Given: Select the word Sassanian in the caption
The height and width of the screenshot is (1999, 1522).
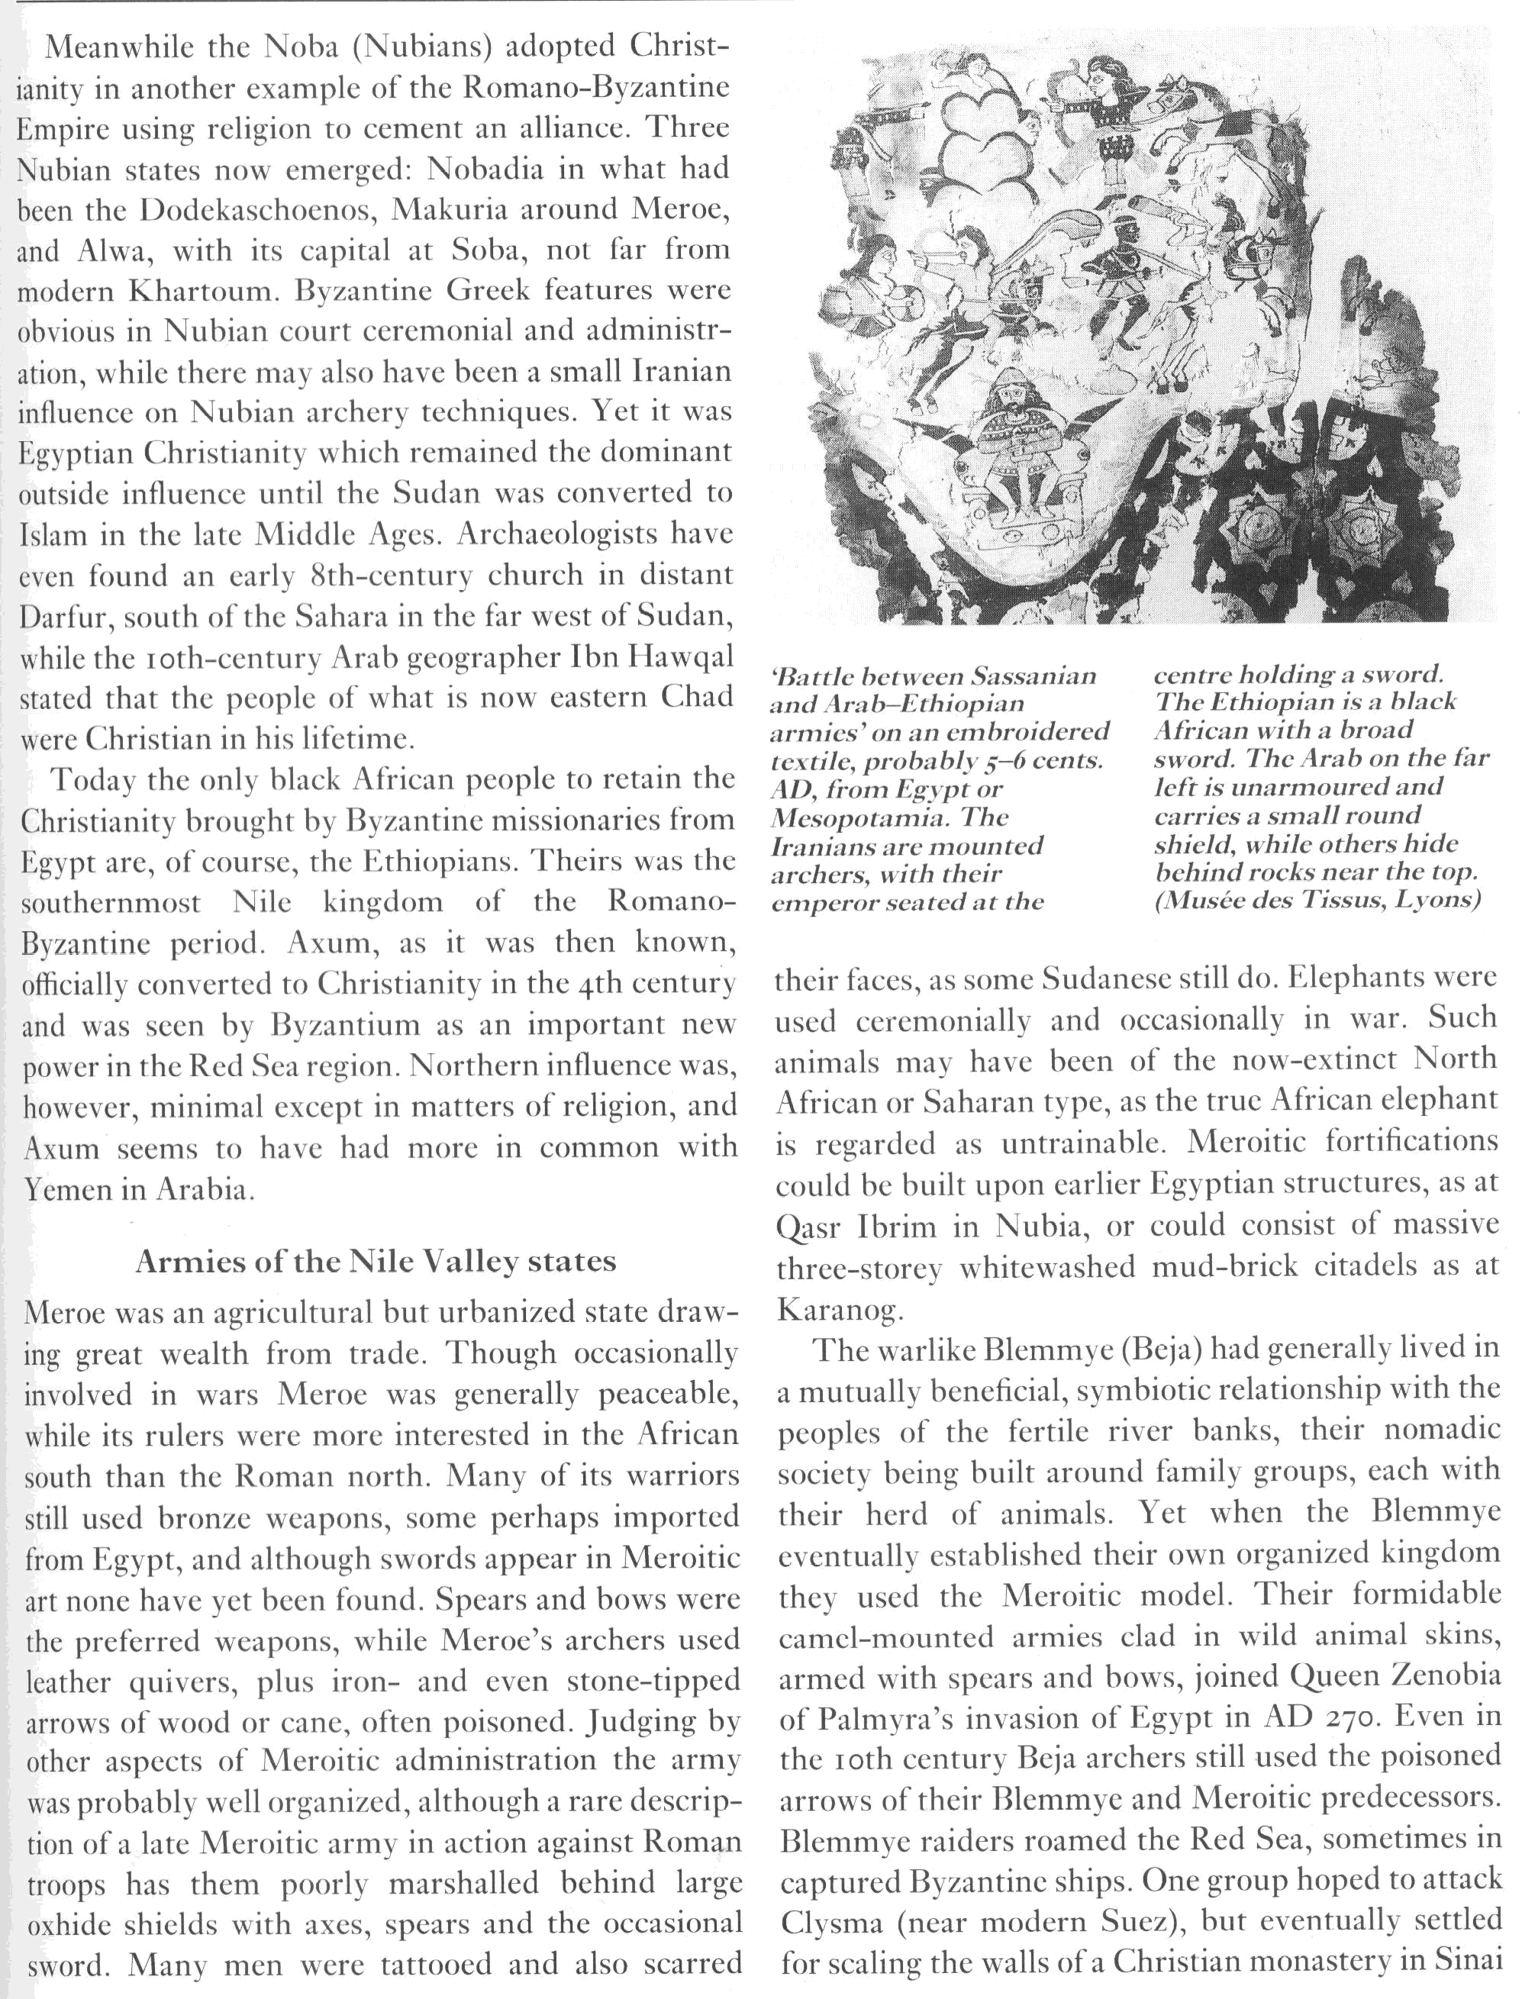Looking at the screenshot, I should click(x=1033, y=675).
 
